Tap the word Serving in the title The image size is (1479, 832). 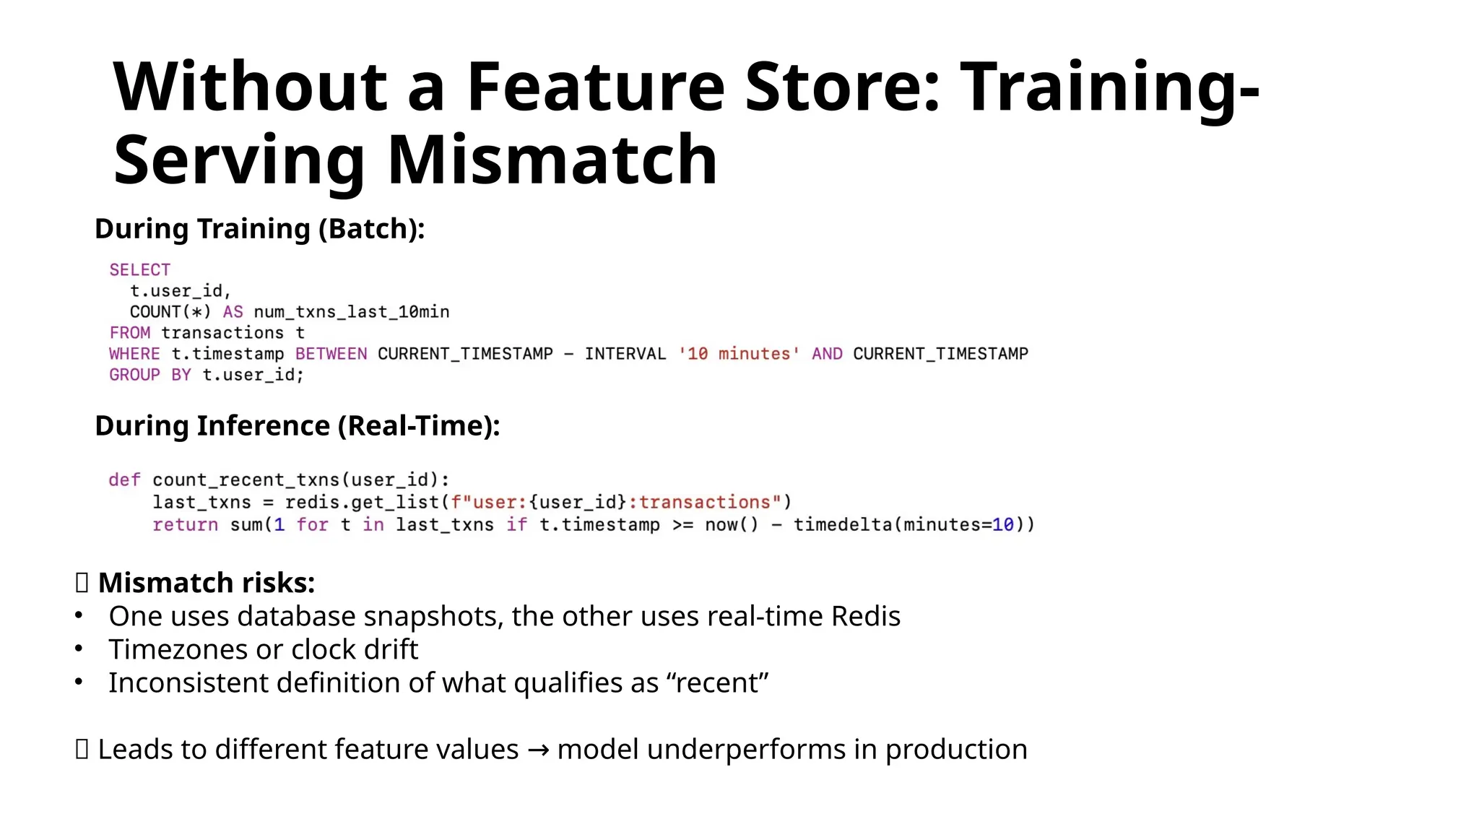coord(239,160)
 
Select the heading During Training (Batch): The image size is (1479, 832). coord(259,229)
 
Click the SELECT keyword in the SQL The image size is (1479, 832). coord(139,270)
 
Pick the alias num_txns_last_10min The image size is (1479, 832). coord(352,312)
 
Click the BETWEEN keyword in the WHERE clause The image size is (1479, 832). coord(331,354)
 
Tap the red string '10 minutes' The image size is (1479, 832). coord(739,354)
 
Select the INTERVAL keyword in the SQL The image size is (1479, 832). coord(625,354)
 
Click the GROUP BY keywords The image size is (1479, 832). coord(150,375)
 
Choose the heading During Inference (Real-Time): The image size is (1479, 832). coord(297,426)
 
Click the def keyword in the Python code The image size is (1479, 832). coord(124,480)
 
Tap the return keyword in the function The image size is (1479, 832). coord(185,525)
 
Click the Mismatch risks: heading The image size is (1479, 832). coord(207,583)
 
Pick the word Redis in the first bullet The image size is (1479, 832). coord(865,617)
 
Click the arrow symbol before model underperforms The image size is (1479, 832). coord(538,750)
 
